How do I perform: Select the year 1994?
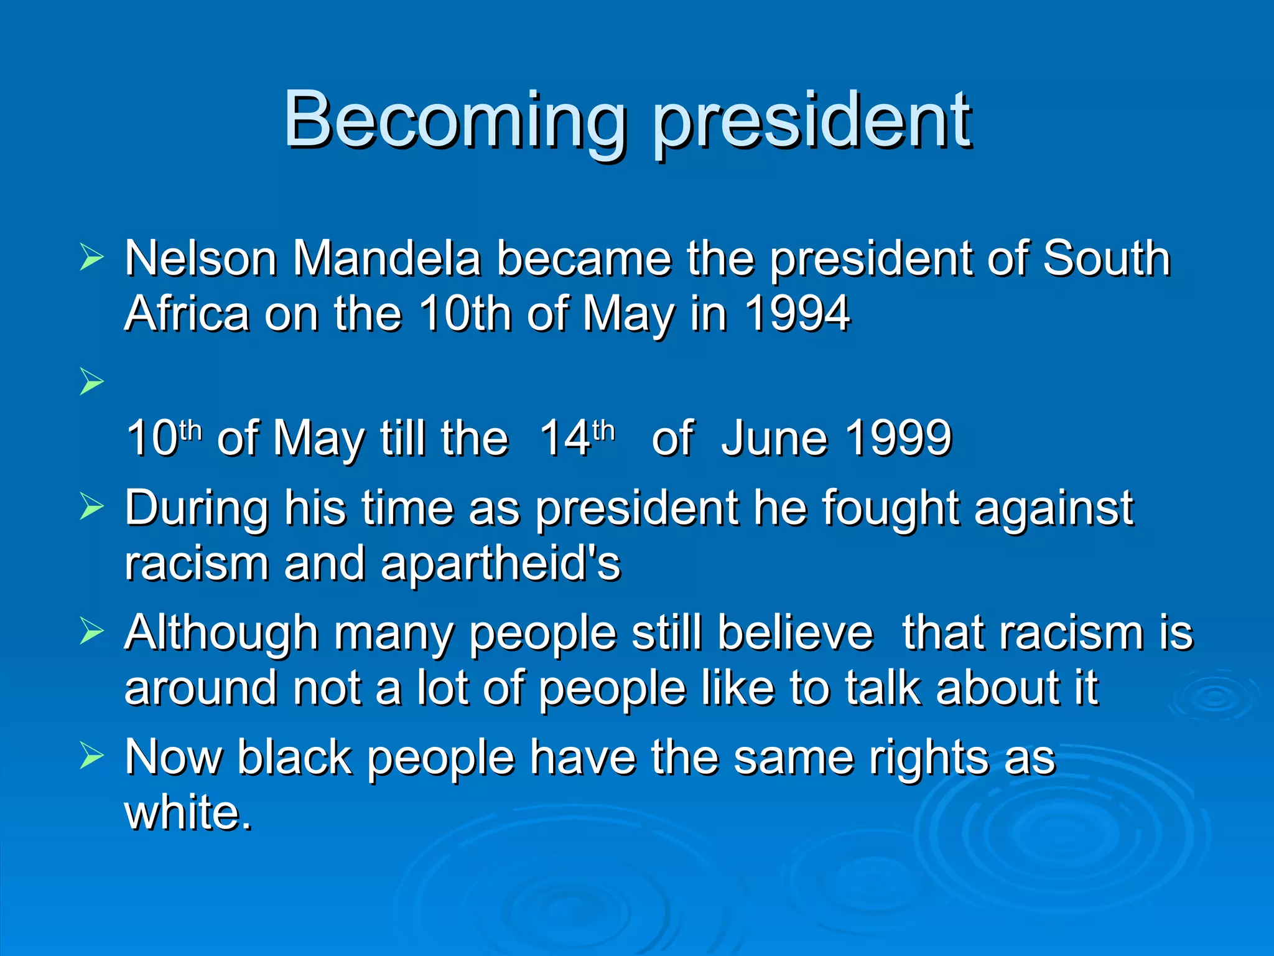click(797, 314)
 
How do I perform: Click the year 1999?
click(898, 438)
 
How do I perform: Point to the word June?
click(773, 438)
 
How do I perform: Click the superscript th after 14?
click(603, 429)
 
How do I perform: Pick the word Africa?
click(187, 314)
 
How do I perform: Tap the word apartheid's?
click(501, 564)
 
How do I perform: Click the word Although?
click(222, 633)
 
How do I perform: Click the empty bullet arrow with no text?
click(91, 382)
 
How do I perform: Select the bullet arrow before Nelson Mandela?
click(91, 258)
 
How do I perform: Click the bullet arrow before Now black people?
click(91, 756)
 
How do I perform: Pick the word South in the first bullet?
click(1106, 258)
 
